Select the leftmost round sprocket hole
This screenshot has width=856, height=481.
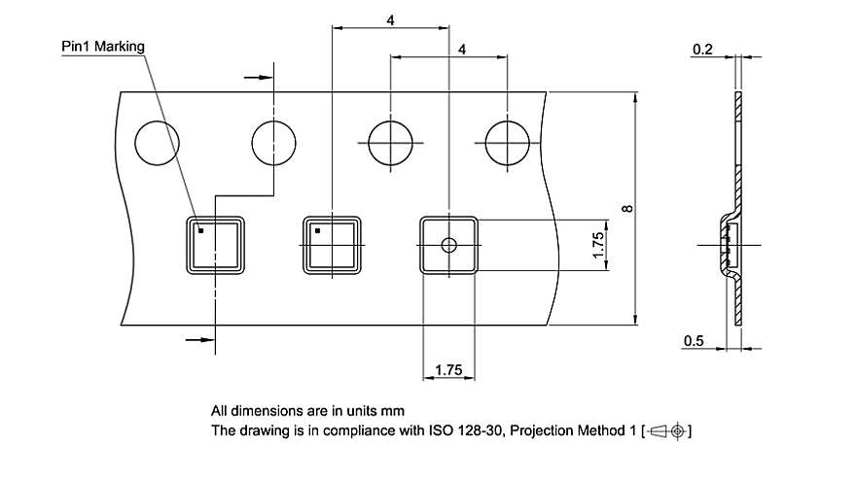tap(157, 144)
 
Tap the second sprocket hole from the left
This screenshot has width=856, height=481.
tap(273, 144)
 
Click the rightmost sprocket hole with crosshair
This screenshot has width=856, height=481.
tap(508, 144)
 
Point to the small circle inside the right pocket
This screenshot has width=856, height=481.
tap(448, 244)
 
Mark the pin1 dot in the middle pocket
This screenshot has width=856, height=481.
tap(317, 231)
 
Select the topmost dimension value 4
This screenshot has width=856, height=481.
tap(390, 19)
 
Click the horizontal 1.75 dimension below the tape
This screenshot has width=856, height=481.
tap(448, 369)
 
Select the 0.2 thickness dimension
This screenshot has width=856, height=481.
tap(702, 49)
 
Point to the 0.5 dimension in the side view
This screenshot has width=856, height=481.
tap(695, 339)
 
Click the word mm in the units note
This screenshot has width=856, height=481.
tap(394, 410)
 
